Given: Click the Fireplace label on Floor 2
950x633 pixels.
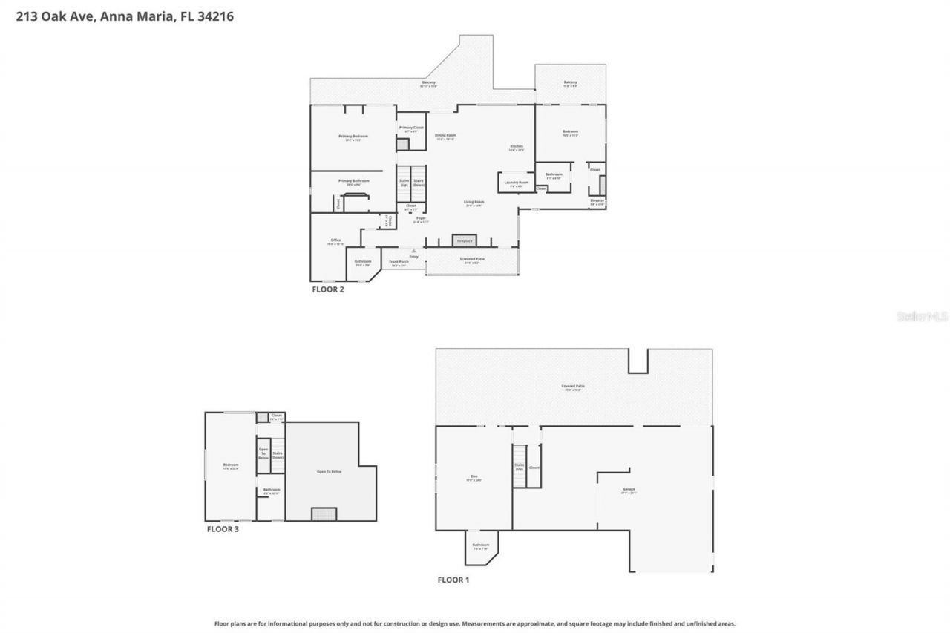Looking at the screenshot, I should (465, 241).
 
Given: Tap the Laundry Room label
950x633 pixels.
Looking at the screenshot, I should (516, 183).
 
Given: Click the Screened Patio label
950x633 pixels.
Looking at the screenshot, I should (472, 260).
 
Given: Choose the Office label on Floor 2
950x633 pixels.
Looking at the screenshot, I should (335, 241).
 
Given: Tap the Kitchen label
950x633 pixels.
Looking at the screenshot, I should (517, 147).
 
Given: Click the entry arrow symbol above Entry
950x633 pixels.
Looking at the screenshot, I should (413, 251).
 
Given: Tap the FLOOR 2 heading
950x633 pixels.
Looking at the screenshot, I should (327, 289).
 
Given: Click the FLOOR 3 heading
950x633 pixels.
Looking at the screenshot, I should (223, 529).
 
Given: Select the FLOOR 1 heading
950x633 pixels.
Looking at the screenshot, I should (453, 580).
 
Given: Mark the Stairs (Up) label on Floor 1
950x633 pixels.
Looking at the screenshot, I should (519, 467).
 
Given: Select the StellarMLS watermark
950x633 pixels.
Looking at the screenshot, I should (923, 316).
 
